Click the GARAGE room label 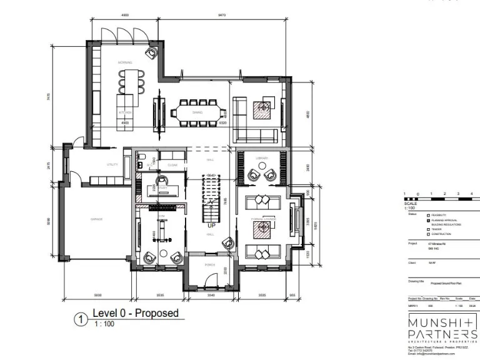[97, 219]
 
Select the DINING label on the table [197, 112]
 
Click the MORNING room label [125, 63]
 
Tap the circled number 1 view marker [80, 319]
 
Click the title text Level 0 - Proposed [135, 313]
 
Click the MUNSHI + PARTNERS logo [442, 328]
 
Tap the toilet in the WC [142, 156]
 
